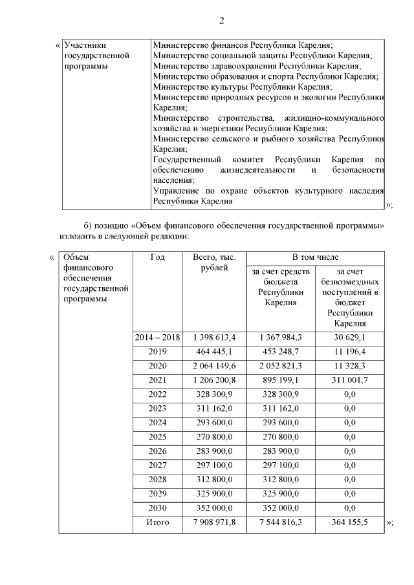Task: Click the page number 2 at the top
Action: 221,21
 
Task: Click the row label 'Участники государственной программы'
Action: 97,56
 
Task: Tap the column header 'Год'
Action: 157,257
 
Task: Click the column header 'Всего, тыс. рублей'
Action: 211,262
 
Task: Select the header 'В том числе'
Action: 315,257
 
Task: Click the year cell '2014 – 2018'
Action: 157,337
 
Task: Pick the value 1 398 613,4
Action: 211,337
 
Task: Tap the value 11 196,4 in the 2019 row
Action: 350,352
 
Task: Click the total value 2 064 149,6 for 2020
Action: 211,366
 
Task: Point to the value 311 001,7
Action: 350,380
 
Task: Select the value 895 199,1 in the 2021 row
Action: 281,380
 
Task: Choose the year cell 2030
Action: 157,508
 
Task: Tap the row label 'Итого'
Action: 157,522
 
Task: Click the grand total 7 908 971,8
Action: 211,522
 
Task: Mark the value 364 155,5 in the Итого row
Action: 350,522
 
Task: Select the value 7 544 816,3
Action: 281,522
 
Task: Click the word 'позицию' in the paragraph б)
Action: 112,225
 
